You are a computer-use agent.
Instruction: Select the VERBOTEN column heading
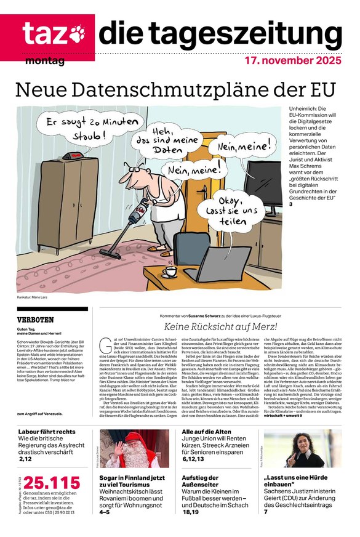point(36,320)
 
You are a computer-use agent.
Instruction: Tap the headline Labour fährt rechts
point(47,432)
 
